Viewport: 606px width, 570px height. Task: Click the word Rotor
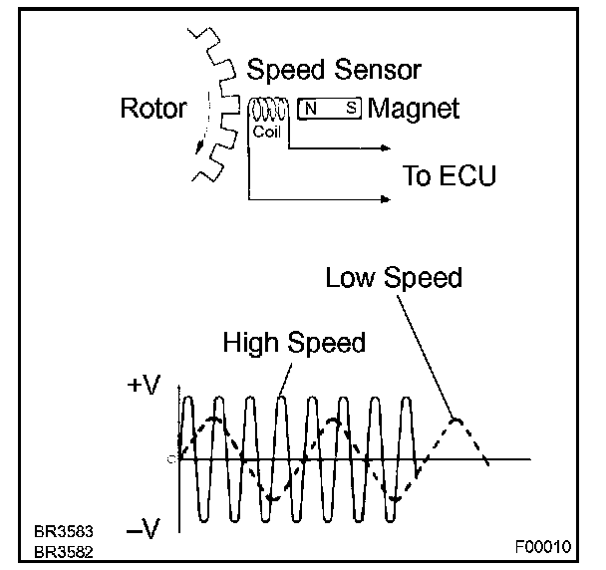[x=153, y=109]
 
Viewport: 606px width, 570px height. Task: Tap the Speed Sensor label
[x=334, y=71]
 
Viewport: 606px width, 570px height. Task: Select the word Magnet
[x=414, y=109]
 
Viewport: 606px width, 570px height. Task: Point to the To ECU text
[x=449, y=176]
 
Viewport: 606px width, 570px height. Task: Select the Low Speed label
[x=394, y=277]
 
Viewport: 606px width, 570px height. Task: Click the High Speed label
[x=294, y=344]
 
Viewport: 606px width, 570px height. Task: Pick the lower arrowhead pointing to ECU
[x=384, y=200]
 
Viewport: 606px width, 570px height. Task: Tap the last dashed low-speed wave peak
[x=455, y=420]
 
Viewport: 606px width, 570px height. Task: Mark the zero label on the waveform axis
[x=171, y=458]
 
